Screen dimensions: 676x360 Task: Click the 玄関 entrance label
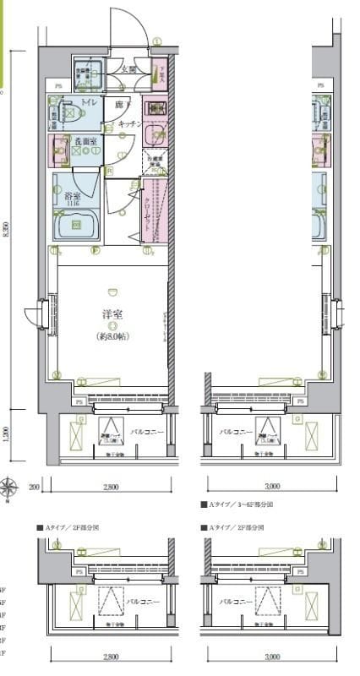(128, 69)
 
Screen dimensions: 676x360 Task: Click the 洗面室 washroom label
(82, 142)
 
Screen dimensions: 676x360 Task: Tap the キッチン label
(128, 123)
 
